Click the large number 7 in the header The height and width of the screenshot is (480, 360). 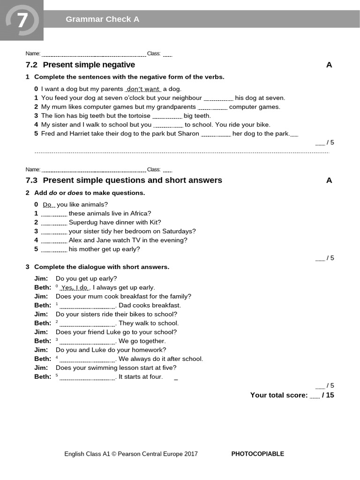(x=22, y=21)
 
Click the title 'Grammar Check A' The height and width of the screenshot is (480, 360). (x=102, y=19)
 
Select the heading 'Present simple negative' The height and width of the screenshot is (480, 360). (x=89, y=65)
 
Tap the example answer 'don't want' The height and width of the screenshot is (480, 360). (x=143, y=89)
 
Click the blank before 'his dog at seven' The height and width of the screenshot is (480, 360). (x=218, y=98)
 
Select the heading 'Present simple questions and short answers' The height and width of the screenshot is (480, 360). (x=132, y=180)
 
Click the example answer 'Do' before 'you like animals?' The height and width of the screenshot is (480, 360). (x=48, y=205)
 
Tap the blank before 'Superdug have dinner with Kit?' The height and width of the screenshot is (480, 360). (x=54, y=223)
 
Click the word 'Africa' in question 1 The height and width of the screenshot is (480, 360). (x=139, y=214)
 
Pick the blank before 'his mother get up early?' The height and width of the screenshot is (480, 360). (x=54, y=249)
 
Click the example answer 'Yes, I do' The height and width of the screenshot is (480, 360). (x=75, y=288)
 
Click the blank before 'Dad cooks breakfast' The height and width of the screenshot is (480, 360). (x=87, y=306)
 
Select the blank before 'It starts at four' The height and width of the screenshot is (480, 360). (x=87, y=377)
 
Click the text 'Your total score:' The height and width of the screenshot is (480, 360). (x=279, y=395)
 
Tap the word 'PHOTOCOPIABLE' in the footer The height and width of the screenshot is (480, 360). (x=257, y=454)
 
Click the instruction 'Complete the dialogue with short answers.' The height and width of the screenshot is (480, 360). (x=102, y=267)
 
